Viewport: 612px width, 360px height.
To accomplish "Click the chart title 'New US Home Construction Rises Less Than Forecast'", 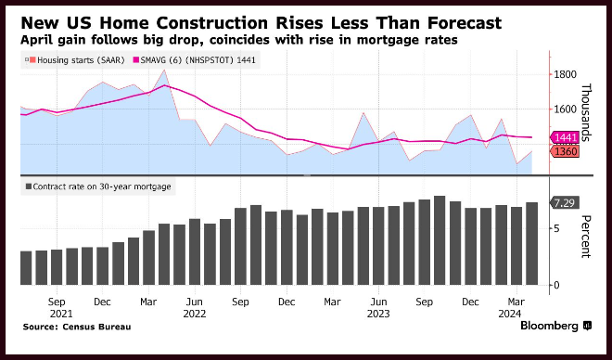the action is tap(261, 23).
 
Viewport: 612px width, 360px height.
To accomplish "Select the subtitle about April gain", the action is tap(239, 40).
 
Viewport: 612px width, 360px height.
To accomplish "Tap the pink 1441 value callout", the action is tap(565, 137).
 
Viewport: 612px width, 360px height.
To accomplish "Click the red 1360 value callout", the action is tap(565, 151).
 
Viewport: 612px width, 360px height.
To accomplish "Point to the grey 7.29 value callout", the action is tap(565, 203).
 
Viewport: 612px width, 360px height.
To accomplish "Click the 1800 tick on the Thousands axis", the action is tap(565, 74).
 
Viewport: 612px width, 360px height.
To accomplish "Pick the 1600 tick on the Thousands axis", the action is tap(565, 109).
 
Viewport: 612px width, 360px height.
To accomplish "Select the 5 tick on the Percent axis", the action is tap(556, 228).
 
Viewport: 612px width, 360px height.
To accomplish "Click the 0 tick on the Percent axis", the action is tap(556, 285).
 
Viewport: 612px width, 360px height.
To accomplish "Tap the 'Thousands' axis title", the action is tap(586, 112).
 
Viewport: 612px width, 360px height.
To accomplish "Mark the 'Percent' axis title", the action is tap(586, 237).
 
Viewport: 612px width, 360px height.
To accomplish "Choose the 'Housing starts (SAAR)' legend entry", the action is tap(75, 60).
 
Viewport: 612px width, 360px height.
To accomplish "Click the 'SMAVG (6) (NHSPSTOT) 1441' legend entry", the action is tap(195, 60).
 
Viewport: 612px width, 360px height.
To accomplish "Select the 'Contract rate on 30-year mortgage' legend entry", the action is tap(98, 186).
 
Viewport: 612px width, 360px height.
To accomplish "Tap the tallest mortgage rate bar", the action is tap(440, 240).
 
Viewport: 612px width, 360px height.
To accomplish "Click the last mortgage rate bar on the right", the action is tap(531, 244).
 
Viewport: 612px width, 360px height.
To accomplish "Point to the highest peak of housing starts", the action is tap(164, 71).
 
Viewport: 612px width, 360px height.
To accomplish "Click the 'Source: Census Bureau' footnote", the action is tap(77, 327).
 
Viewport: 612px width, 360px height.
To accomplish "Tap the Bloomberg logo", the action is tap(556, 326).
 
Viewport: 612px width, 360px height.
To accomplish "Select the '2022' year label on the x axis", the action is tap(195, 314).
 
